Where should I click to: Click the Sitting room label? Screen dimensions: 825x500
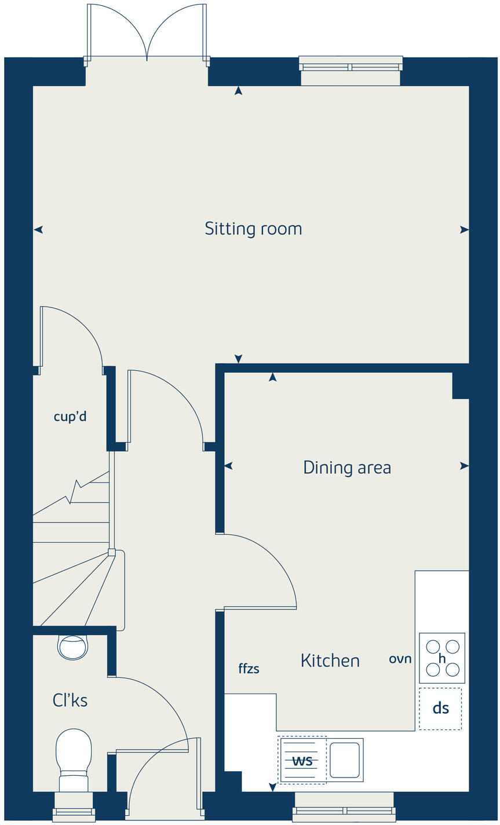[253, 229]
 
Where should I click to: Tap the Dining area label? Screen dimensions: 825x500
[347, 468]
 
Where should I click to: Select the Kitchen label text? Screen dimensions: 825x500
[330, 660]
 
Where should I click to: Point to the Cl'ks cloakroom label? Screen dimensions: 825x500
[70, 700]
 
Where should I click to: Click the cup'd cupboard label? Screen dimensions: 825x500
[70, 416]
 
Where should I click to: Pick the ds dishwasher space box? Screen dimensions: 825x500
[440, 709]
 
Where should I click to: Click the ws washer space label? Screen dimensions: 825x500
[302, 760]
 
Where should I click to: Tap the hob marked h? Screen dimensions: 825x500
[442, 658]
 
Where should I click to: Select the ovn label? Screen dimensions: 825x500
[400, 659]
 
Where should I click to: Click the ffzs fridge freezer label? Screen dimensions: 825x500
[249, 669]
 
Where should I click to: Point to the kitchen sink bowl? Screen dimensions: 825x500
[345, 760]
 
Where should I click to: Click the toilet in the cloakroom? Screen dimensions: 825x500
[74, 759]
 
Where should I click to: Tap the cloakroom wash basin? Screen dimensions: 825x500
[73, 646]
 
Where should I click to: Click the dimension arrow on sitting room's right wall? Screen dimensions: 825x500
[463, 230]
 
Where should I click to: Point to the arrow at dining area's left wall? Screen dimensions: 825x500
[228, 466]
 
